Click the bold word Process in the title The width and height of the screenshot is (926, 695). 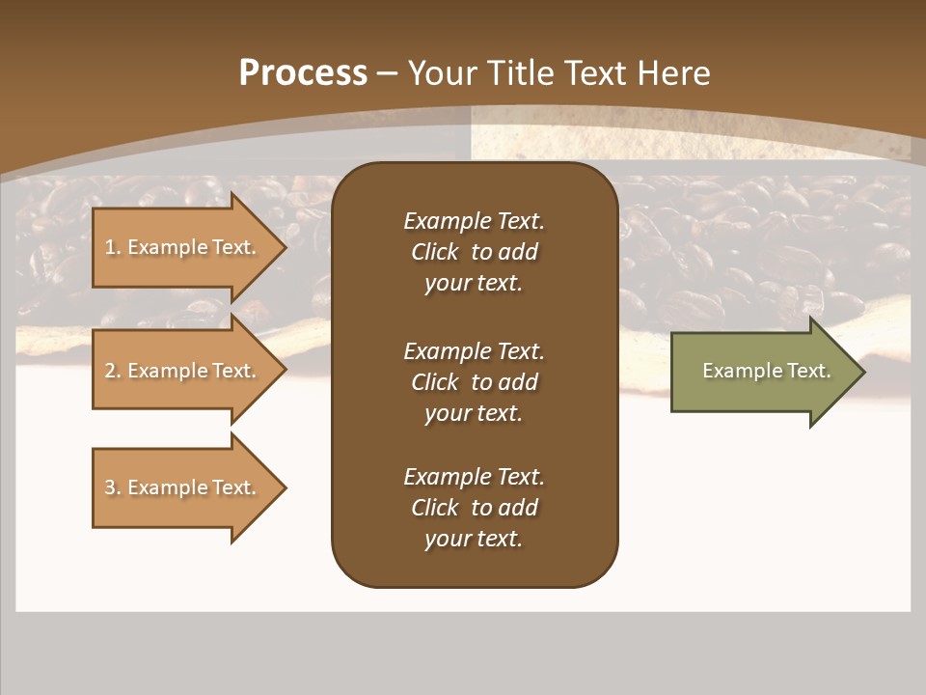tap(303, 73)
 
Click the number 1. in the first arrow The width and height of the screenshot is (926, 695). tap(113, 247)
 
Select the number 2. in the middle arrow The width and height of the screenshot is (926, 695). tap(113, 371)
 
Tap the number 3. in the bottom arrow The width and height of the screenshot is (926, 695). tap(113, 487)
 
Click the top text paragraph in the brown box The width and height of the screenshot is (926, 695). tap(474, 252)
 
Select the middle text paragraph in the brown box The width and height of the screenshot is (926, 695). tap(474, 382)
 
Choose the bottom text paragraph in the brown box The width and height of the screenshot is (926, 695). tap(474, 508)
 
